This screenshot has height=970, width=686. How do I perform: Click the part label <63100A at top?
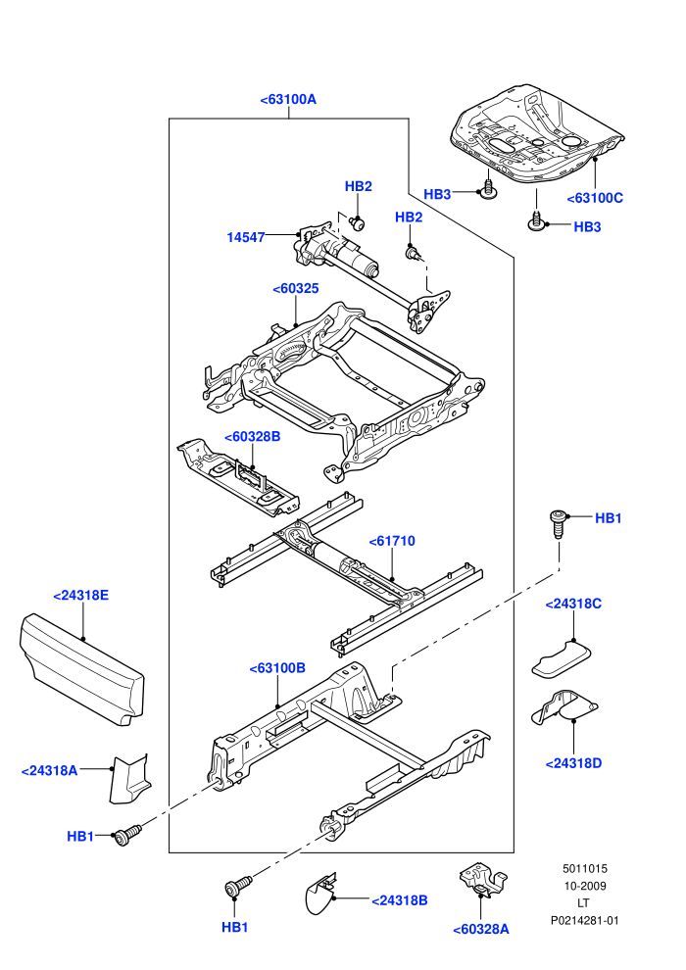(x=288, y=99)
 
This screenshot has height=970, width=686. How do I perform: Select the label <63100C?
(x=595, y=198)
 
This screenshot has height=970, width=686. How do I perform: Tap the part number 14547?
(x=246, y=237)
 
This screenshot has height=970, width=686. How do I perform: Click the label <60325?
(x=296, y=288)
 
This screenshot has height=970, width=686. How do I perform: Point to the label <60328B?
(x=253, y=437)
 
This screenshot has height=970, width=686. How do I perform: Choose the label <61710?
(x=392, y=541)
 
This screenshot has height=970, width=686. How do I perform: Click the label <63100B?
(x=277, y=668)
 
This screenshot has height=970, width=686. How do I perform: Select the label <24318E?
(x=81, y=595)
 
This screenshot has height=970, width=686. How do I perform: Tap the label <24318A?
(x=49, y=771)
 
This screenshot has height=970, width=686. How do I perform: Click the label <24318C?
(x=573, y=604)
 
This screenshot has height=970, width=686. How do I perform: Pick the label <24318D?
(x=573, y=763)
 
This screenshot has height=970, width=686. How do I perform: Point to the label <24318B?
(x=400, y=900)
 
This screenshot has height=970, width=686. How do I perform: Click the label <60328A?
(x=481, y=929)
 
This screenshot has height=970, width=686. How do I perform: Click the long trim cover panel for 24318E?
(x=81, y=669)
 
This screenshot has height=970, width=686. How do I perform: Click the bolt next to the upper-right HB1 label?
(x=558, y=523)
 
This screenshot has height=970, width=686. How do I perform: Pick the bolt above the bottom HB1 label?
(x=238, y=886)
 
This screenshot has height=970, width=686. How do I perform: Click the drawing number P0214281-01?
(x=584, y=920)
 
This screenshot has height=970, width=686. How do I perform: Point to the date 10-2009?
(x=584, y=886)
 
